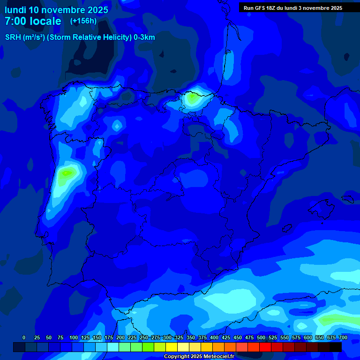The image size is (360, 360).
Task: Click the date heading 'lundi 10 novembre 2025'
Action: click(56, 10)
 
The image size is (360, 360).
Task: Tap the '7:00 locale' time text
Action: click(33, 21)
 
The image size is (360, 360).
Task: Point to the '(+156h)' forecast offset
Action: click(83, 21)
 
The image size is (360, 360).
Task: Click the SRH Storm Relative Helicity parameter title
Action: click(80, 37)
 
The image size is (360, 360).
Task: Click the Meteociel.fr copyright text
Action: click(199, 356)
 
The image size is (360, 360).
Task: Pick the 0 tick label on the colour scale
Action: click(24, 337)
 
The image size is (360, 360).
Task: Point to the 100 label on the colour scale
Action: click(73, 337)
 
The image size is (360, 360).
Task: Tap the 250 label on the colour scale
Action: click(143, 337)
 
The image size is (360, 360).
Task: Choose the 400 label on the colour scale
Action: click(214, 337)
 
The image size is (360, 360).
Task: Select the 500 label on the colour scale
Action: click(261, 337)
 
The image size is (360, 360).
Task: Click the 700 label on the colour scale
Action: click(343, 337)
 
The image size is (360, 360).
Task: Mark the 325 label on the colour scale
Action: click(179, 337)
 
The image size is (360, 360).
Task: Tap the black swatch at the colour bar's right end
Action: click(336, 347)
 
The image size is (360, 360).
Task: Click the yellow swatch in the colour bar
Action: click(172, 347)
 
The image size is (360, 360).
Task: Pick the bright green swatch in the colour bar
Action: click(148, 347)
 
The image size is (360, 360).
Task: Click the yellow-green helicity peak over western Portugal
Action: click(67, 172)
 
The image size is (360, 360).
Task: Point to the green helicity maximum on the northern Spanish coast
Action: click(191, 98)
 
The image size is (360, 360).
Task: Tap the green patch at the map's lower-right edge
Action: click(334, 320)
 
